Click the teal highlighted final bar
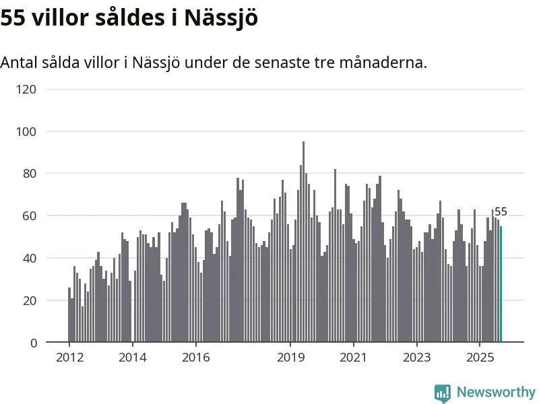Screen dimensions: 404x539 (501, 284)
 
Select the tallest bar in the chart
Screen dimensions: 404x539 (303, 242)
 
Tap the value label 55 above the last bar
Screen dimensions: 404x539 (501, 212)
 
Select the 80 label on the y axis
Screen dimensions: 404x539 (28, 174)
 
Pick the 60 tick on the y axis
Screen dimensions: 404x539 (28, 216)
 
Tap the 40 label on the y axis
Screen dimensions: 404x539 (28, 259)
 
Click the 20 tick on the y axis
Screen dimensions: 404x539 (28, 301)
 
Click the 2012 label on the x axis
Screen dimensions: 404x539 (69, 357)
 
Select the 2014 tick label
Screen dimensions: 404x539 (132, 357)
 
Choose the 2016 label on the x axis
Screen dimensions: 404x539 (195, 357)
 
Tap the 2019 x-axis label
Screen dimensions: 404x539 (290, 357)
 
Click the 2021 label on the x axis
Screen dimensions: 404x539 (353, 357)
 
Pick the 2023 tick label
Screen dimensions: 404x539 (416, 357)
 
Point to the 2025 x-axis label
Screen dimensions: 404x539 (479, 357)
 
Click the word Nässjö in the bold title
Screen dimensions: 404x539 (222, 18)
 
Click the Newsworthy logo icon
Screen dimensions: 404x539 (442, 393)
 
